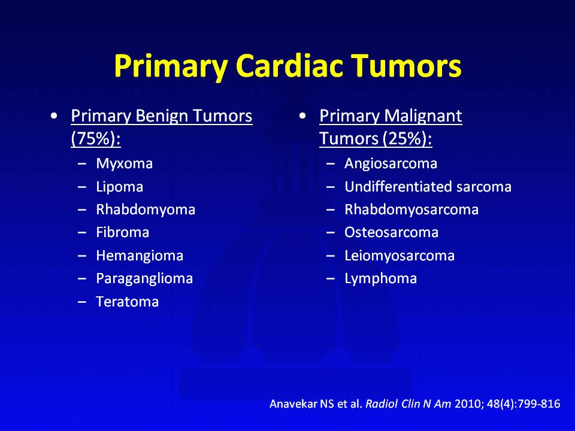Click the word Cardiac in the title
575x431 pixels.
289,66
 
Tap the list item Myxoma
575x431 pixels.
125,164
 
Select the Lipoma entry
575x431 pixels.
120,187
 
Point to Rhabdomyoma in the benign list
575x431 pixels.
146,210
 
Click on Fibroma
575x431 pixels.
122,232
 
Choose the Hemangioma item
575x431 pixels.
140,256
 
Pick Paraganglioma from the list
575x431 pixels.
144,278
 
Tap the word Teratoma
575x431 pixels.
127,302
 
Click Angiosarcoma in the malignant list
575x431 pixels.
391,164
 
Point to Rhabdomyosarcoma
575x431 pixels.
411,210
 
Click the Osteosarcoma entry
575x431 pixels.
391,232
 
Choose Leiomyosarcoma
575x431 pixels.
400,256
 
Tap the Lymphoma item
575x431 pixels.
381,278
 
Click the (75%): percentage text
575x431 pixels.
96,139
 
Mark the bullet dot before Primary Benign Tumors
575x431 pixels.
55,116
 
